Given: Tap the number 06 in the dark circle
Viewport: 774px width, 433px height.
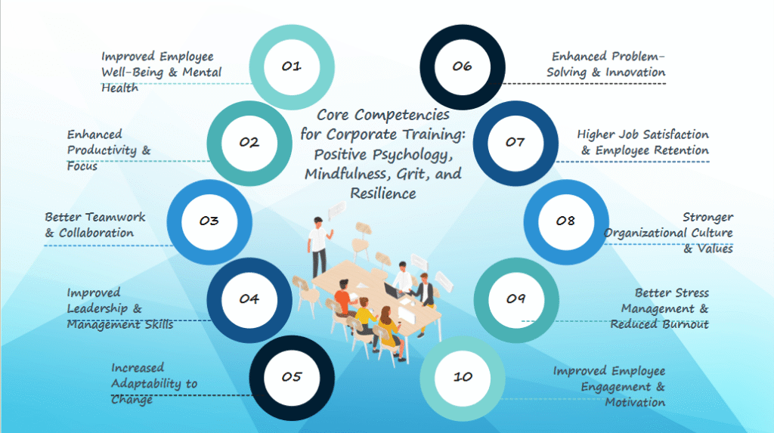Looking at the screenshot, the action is (462, 66).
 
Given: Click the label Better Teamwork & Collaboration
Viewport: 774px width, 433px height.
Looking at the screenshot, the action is (95, 224).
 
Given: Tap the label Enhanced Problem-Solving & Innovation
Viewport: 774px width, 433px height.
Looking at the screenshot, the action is (606, 64).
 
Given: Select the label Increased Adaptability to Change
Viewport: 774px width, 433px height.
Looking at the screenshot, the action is (154, 383).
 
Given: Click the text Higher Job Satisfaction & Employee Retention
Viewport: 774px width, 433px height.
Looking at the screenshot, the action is (642, 142).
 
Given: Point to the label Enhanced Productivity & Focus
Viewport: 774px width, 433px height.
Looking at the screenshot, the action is (109, 150).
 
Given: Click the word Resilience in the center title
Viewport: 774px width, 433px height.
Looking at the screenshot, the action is (383, 193).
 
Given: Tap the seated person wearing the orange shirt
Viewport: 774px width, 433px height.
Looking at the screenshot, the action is (342, 299).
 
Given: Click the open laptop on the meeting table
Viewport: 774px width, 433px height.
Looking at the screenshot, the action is (392, 291).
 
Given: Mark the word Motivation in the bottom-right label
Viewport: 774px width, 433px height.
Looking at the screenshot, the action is (635, 402).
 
